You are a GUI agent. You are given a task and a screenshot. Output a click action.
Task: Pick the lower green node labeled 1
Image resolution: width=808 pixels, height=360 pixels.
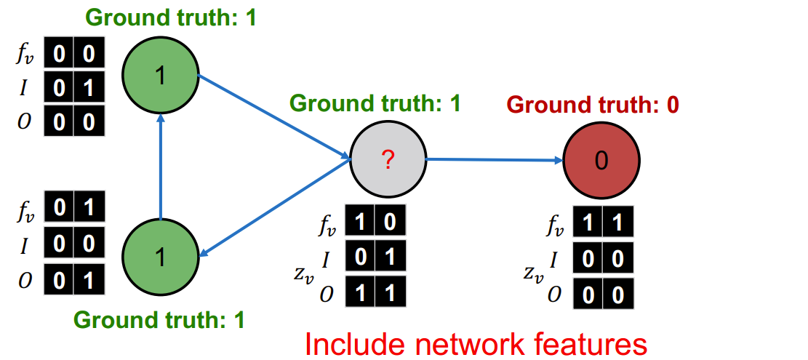tap(160, 255)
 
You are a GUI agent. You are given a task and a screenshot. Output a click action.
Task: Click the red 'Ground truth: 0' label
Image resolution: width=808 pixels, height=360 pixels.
tap(593, 105)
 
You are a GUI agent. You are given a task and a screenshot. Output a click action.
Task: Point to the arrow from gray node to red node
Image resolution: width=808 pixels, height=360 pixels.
tap(495, 159)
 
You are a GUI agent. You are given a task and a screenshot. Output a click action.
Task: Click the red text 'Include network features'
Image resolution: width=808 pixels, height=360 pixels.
tap(474, 343)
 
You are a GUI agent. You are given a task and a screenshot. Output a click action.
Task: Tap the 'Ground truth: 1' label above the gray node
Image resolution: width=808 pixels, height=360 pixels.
tap(375, 103)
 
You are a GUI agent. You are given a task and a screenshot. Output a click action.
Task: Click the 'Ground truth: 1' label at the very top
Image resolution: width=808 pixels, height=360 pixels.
tap(171, 17)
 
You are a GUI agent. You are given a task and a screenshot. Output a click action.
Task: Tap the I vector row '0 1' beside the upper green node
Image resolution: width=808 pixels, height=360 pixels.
tap(73, 87)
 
